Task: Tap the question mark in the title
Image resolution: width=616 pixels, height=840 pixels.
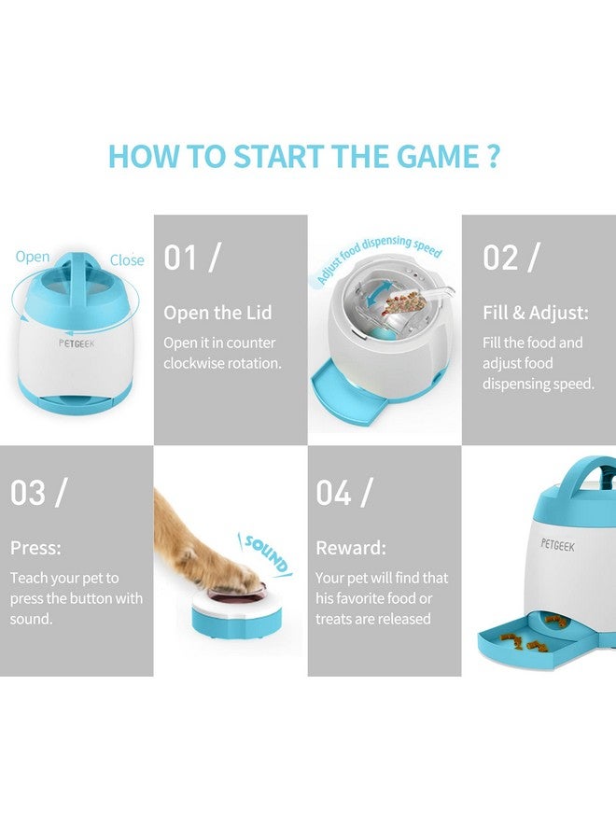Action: coord(494,156)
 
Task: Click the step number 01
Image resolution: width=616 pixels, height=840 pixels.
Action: coord(180,258)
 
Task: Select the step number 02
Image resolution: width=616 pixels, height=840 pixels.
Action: coord(499,258)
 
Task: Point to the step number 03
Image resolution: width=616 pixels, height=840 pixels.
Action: coord(28,492)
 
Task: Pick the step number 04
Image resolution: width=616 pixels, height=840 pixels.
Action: coord(333,492)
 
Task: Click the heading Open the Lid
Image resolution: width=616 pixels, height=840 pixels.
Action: coord(217,313)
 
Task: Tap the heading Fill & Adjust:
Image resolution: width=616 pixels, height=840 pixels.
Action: coord(536,313)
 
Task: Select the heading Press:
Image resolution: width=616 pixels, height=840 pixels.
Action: coord(35,548)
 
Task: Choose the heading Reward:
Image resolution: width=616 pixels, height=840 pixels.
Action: coord(351,548)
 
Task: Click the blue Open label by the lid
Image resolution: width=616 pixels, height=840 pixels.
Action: coord(32,258)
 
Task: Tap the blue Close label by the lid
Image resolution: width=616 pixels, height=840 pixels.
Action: coord(127,260)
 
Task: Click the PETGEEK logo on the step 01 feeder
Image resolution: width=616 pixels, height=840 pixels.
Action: coord(76,343)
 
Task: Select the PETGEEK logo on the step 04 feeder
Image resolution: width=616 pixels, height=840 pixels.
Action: coord(557,545)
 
